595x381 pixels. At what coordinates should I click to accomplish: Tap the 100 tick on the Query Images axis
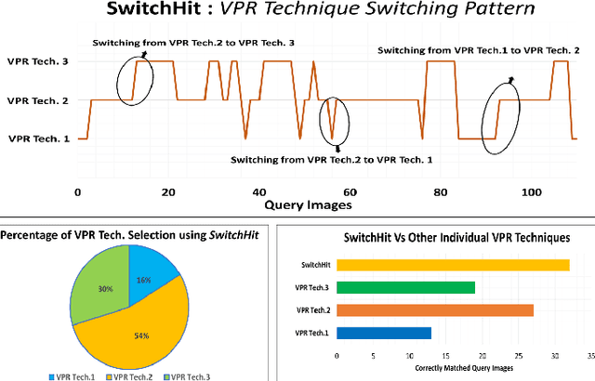(529, 191)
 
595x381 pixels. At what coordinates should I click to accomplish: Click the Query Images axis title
(308, 204)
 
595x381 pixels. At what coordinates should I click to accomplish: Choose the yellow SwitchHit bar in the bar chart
(453, 265)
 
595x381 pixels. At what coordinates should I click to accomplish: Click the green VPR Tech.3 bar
(405, 287)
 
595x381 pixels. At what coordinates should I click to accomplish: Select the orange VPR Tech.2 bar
(435, 309)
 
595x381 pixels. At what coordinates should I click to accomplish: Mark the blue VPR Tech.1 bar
(383, 332)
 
